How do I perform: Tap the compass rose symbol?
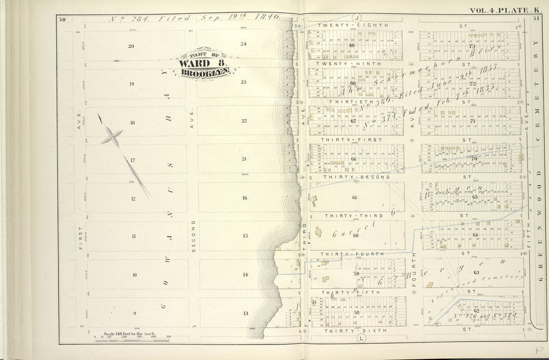(112, 136)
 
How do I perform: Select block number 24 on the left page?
(243, 44)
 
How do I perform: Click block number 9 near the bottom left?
(134, 313)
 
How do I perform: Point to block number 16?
(244, 198)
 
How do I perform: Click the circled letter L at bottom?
(361, 338)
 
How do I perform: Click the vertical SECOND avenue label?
(194, 235)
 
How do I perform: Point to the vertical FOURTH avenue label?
(413, 267)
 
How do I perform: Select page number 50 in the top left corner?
(62, 20)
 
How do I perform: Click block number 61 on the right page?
(354, 197)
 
